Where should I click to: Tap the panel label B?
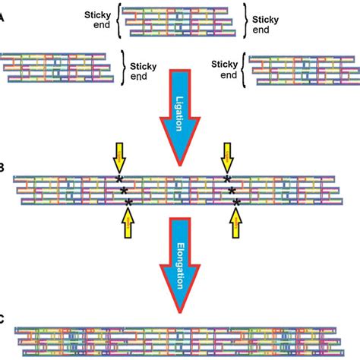coord(3,183)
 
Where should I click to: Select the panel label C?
coord(3,320)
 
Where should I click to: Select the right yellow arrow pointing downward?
coord(226,157)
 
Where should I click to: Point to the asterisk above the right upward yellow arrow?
coord(238,201)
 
